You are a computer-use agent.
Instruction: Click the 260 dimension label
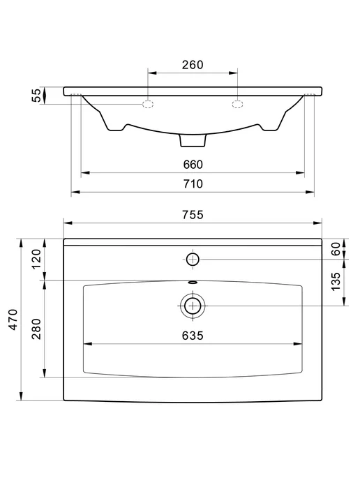pos(193,65)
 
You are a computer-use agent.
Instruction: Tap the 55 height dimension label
pos(37,95)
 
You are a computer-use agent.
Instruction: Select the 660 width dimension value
pos(193,165)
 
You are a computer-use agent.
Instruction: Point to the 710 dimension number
pos(193,183)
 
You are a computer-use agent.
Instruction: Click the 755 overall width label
pos(193,215)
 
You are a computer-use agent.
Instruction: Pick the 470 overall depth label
pos(13,320)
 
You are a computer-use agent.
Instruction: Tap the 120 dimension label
pos(36,259)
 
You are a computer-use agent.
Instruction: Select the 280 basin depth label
pos(36,329)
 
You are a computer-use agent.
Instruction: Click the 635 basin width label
pos(193,336)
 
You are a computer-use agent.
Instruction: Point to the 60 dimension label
pos(336,249)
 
